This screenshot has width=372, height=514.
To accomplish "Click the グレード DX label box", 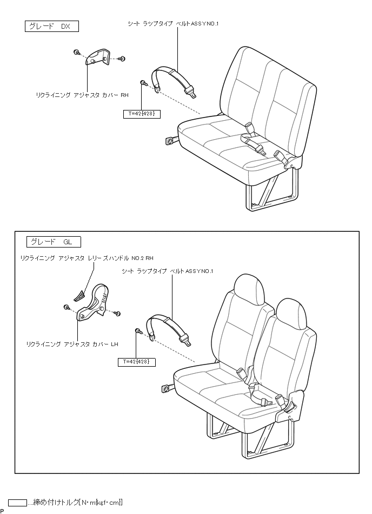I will point(51,26).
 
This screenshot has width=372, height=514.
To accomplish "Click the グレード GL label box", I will point(54,242).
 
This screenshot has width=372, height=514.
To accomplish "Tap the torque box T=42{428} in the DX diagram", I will point(142,114).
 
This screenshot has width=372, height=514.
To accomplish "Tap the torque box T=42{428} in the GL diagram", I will point(136,362).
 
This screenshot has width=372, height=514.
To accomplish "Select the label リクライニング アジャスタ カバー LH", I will point(72,343).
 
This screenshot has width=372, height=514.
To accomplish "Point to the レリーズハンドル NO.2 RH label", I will point(87,258).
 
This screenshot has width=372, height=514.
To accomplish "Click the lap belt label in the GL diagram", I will point(168,271).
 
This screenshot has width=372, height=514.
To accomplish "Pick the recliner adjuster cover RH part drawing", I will point(98,58).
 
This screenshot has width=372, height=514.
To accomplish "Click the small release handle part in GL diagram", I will point(79,294).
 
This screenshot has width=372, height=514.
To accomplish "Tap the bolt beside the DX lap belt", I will point(144,82).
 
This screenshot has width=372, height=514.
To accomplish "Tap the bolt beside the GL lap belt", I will point(138,330).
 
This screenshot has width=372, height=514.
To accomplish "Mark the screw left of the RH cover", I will point(77,53).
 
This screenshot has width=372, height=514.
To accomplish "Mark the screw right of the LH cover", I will point(117,314).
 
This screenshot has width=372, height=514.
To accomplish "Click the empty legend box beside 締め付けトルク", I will point(17,503).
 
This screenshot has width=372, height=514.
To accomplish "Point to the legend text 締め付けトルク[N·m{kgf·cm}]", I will point(76,503).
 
